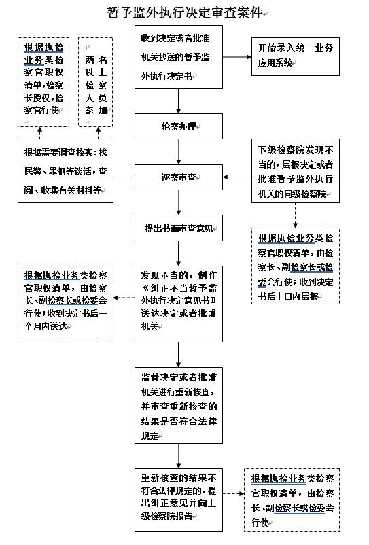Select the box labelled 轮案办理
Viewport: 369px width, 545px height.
click(179, 126)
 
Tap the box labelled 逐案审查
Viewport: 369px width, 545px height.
click(179, 178)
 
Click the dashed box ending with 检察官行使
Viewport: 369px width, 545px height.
click(44, 82)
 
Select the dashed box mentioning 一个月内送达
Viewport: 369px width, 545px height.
click(65, 301)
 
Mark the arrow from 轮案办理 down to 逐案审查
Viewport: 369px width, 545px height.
click(179, 152)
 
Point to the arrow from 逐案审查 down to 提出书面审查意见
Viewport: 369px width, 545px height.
click(179, 203)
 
